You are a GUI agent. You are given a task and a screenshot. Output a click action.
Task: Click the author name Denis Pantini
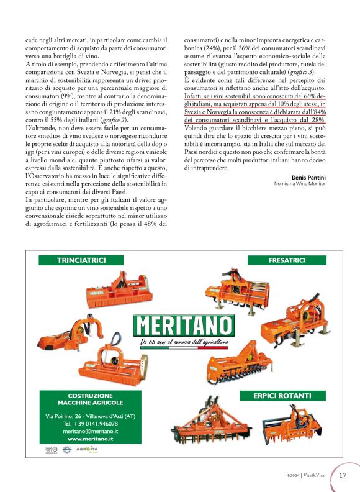[309, 177]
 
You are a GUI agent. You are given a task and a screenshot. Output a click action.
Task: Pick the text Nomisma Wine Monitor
[300, 184]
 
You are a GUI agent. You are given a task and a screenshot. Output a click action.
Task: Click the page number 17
[343, 476]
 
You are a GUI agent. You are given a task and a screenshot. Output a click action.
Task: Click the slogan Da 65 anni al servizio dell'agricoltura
[184, 342]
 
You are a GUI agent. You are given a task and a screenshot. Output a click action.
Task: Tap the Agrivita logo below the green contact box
[83, 450]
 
